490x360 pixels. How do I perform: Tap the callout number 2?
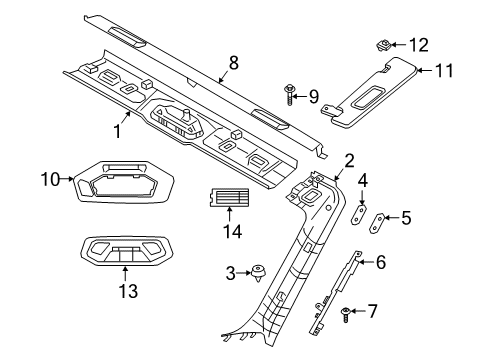[349, 159]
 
